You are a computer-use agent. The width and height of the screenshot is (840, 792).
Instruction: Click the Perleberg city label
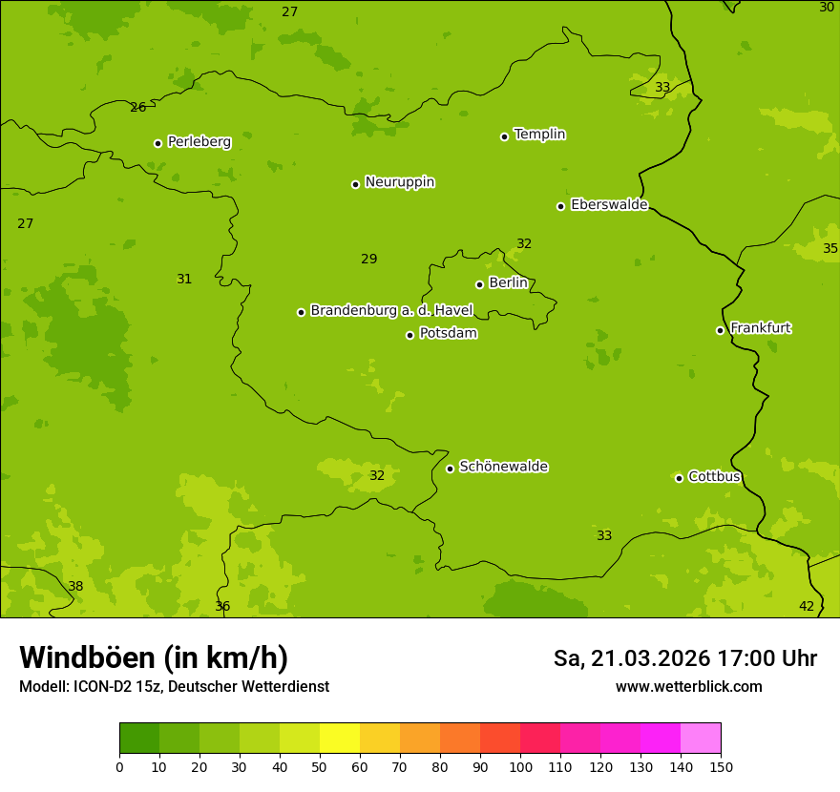point(199,142)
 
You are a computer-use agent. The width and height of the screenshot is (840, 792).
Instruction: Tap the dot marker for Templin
point(504,136)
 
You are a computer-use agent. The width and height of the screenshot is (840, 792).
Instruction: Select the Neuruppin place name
point(399,182)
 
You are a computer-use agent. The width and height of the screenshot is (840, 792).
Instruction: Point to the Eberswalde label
point(609,205)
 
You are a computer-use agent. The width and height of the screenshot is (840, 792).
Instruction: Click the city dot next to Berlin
point(479,284)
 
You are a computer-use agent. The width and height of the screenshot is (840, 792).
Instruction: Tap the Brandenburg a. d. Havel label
point(391,311)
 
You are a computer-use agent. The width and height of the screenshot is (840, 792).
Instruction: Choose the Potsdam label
point(448,334)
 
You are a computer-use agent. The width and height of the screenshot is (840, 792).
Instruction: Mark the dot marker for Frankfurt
point(720,330)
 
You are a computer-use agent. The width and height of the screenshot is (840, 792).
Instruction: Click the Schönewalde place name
point(503,468)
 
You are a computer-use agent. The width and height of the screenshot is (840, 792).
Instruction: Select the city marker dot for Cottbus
point(679,478)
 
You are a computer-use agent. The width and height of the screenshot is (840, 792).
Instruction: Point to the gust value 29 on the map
point(368,260)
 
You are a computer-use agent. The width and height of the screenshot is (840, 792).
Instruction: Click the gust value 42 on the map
point(807,607)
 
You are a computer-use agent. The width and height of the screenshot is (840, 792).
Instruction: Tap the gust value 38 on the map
point(75,587)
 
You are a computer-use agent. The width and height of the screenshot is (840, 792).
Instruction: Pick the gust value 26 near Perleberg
point(138,108)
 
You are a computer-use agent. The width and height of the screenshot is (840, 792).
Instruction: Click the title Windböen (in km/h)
point(154,658)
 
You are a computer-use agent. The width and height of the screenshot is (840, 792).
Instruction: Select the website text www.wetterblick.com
point(688,687)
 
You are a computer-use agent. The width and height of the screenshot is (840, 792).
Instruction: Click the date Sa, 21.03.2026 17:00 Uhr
point(684,659)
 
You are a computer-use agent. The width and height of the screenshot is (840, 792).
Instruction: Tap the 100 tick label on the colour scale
point(520,766)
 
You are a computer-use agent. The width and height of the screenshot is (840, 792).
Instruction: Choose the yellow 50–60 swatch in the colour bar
point(340,739)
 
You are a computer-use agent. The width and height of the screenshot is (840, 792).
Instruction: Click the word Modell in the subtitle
point(43,687)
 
